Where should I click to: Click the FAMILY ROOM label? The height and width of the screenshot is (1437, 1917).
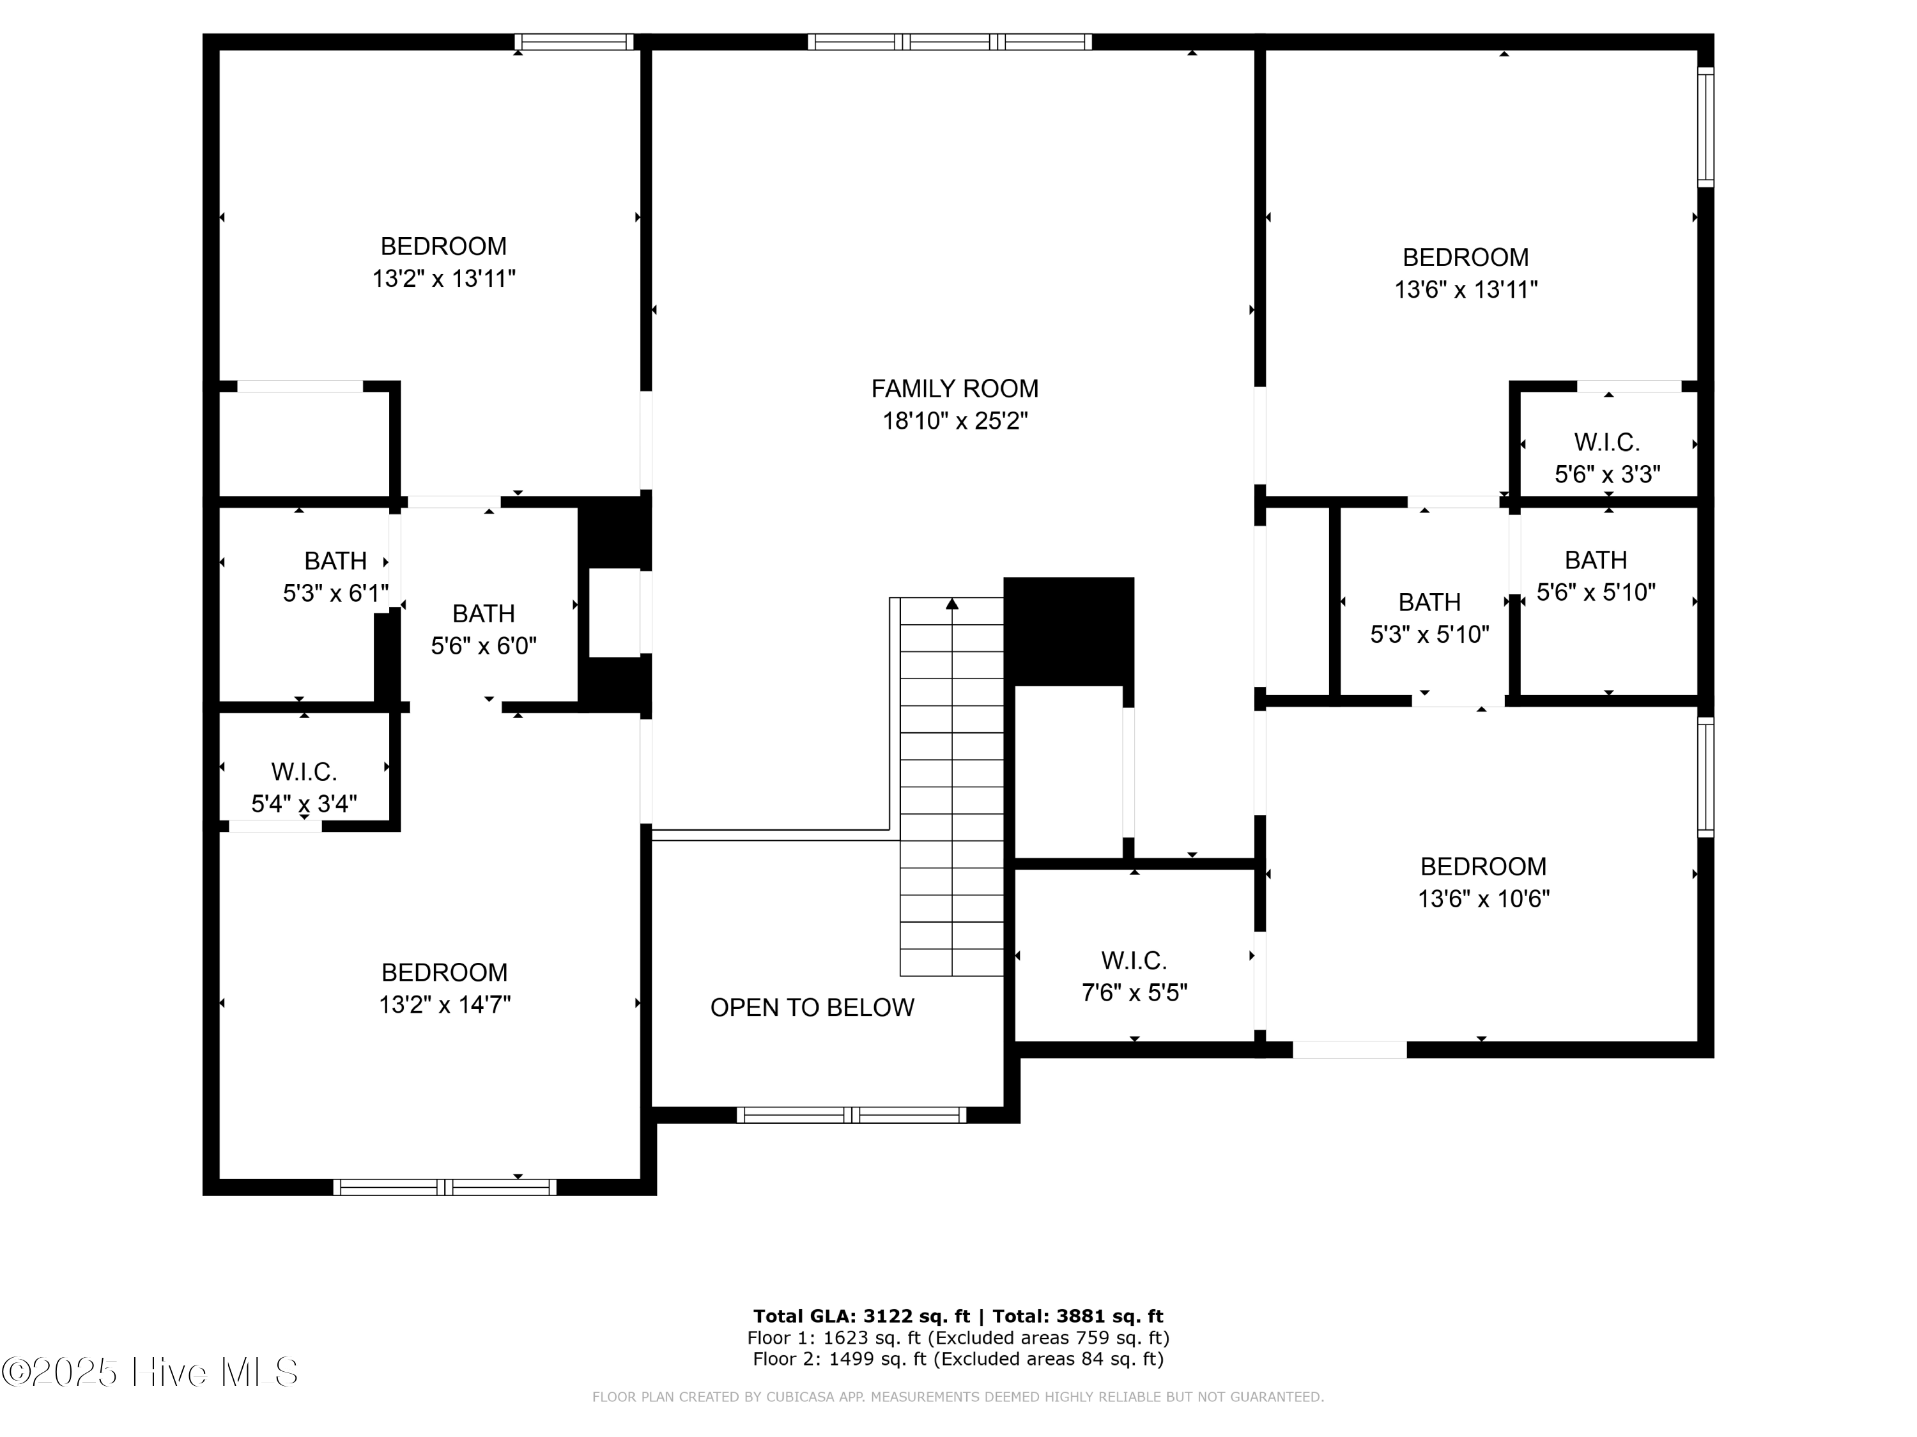954,388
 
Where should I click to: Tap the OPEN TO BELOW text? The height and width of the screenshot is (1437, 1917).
812,1007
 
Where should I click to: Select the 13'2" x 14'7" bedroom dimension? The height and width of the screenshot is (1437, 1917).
445,1004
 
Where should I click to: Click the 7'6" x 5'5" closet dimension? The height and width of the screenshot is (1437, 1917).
1134,992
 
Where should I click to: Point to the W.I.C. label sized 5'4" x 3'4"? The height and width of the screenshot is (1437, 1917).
304,771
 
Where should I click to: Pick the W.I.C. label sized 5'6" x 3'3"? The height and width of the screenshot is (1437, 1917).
1606,442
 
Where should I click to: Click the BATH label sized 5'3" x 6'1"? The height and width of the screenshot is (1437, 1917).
335,561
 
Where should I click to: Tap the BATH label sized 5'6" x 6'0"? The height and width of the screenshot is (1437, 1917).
484,613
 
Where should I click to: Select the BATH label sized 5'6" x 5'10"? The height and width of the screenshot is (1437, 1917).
1596,560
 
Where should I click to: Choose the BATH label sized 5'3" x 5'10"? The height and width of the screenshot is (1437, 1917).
1429,601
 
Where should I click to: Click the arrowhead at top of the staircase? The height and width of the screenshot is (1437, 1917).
951,603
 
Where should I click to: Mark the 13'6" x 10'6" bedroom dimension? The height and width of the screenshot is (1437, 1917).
1483,899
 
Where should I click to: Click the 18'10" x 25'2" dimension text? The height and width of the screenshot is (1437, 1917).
954,421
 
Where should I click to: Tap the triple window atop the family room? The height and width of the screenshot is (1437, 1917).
949,42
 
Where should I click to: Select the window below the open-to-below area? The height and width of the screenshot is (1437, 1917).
851,1116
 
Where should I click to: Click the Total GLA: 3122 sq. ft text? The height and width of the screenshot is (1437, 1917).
861,1316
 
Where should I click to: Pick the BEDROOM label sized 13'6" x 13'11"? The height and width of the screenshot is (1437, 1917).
1465,257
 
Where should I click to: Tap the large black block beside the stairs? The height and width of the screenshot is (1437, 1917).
1068,630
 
